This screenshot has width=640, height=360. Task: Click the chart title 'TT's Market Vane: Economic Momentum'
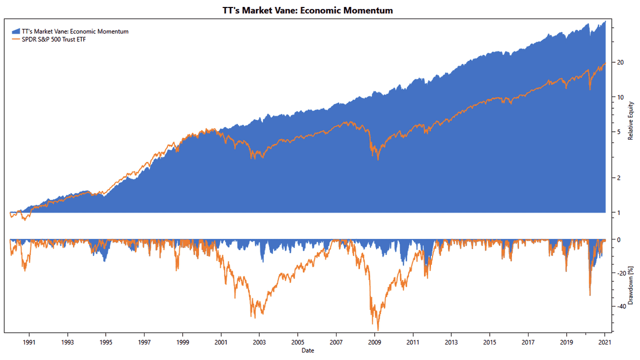pyautogui.click(x=307, y=10)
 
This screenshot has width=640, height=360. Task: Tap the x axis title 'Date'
pyautogui.click(x=307, y=350)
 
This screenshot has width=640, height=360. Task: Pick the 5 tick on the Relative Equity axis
pyautogui.click(x=619, y=132)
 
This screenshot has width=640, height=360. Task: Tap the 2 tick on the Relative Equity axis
pyautogui.click(x=619, y=178)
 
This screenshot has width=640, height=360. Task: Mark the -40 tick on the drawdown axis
pyautogui.click(x=621, y=306)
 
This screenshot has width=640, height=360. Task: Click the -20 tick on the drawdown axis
pyautogui.click(x=621, y=273)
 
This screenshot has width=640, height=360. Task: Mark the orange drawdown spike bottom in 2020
pyautogui.click(x=590, y=295)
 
